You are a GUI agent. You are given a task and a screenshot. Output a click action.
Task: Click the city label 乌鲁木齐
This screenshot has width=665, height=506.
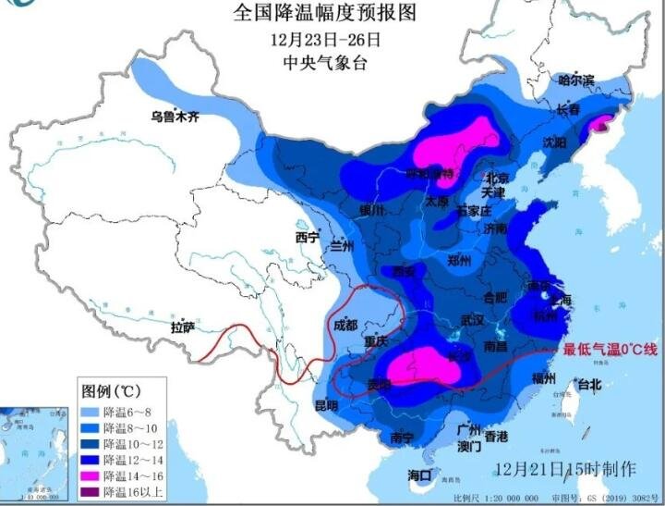[x=175, y=117]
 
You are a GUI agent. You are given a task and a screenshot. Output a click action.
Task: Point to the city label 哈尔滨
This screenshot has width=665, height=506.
[x=576, y=80]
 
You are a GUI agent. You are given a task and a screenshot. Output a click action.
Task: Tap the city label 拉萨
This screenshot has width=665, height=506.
[x=182, y=327]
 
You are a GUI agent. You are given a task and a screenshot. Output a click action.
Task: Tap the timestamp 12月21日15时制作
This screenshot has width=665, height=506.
[x=564, y=467]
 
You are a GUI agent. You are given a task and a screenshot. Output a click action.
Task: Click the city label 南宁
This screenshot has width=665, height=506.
[x=402, y=437]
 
